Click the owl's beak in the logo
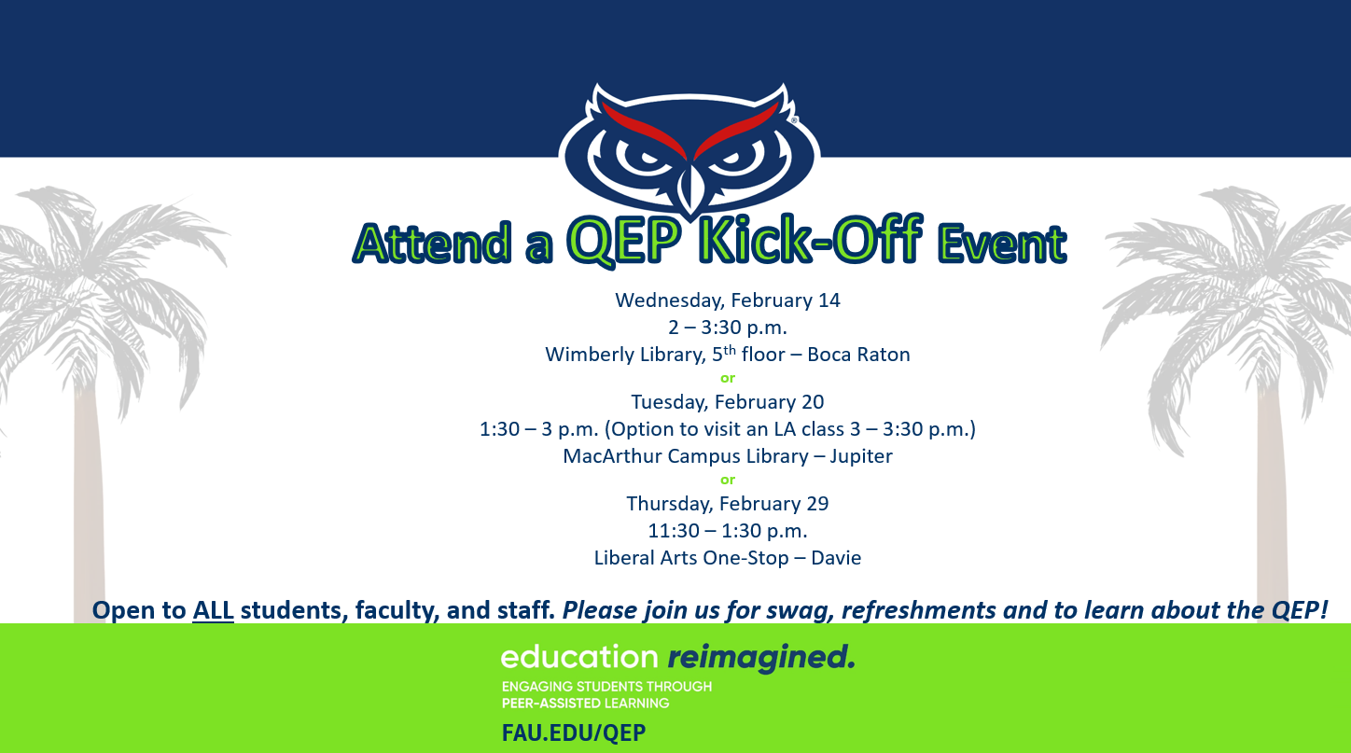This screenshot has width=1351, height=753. click(690, 190)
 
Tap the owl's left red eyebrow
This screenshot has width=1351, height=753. click(644, 130)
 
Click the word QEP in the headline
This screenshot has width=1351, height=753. click(624, 241)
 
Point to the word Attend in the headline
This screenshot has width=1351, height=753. click(432, 243)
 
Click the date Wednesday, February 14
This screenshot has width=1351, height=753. click(728, 300)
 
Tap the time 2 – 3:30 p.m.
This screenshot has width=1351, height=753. click(728, 328)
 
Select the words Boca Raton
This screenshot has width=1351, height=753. click(858, 355)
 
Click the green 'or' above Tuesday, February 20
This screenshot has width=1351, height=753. click(728, 378)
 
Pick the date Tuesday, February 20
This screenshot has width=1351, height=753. click(728, 402)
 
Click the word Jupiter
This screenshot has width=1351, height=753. click(860, 456)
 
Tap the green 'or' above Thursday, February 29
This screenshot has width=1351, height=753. click(728, 481)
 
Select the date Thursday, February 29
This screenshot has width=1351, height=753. click(728, 504)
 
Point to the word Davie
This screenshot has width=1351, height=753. click(836, 557)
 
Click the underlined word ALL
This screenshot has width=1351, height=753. click(213, 610)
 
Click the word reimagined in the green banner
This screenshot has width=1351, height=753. click(761, 658)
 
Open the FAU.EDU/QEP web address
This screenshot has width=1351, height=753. click(574, 733)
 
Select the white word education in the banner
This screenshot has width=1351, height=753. click(579, 657)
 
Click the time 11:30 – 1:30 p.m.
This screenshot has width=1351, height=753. click(728, 531)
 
